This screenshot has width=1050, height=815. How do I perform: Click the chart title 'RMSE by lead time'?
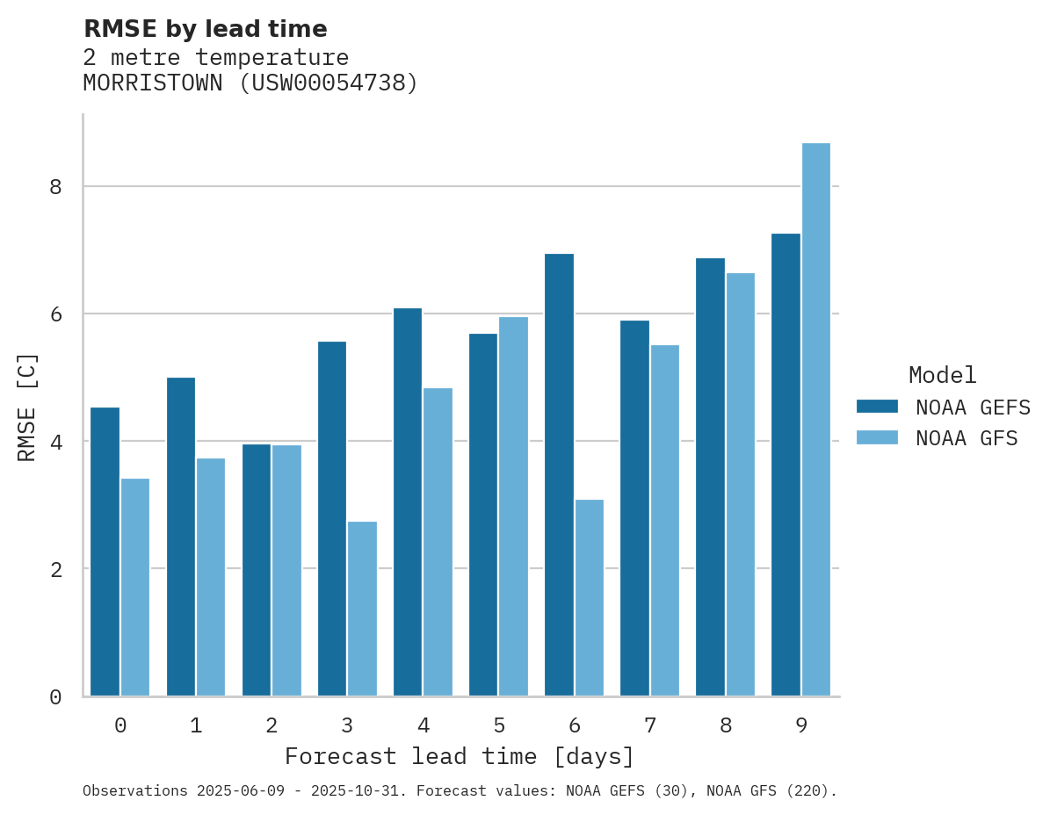pyautogui.click(x=205, y=29)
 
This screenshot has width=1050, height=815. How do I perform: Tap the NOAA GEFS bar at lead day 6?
pyautogui.click(x=559, y=474)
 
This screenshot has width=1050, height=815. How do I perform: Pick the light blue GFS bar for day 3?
pyautogui.click(x=362, y=608)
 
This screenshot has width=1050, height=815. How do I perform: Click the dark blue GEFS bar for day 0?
pyautogui.click(x=105, y=551)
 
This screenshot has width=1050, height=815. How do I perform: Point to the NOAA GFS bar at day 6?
pyautogui.click(x=589, y=597)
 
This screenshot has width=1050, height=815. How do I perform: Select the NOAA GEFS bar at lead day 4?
pyautogui.click(x=408, y=501)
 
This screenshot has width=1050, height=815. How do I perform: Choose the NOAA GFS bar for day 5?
pyautogui.click(x=513, y=506)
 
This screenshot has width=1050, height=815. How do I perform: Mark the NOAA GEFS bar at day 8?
pyautogui.click(x=710, y=476)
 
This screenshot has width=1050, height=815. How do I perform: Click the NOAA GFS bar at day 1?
pyautogui.click(x=211, y=576)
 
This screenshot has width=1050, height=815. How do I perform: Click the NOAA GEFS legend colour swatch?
pyautogui.click(x=877, y=407)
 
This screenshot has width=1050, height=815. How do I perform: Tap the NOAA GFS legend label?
pyautogui.click(x=967, y=438)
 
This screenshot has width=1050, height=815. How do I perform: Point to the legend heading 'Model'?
pyautogui.click(x=942, y=376)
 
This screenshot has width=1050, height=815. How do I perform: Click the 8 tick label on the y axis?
pyautogui.click(x=55, y=187)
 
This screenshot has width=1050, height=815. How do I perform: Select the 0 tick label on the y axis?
pyautogui.click(x=55, y=697)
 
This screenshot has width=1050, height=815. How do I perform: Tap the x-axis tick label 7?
pyautogui.click(x=650, y=725)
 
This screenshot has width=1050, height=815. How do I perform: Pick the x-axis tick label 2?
pyautogui.click(x=272, y=725)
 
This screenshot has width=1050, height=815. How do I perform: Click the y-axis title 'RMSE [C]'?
pyautogui.click(x=27, y=407)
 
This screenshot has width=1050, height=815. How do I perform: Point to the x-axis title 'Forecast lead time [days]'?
pyautogui.click(x=460, y=756)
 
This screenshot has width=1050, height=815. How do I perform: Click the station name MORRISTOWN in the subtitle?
pyautogui.click(x=152, y=83)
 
